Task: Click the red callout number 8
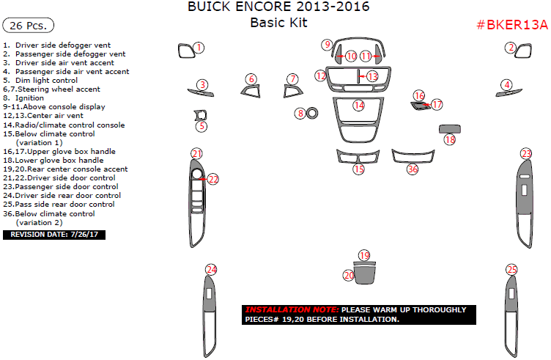tap(300, 114)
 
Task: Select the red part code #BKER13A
tap(512, 25)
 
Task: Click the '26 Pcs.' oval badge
tap(28, 26)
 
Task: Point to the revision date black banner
tap(54, 235)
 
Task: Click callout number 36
tap(413, 169)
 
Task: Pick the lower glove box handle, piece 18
tap(450, 129)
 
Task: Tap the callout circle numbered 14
tap(359, 106)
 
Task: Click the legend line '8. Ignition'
tap(23, 98)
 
